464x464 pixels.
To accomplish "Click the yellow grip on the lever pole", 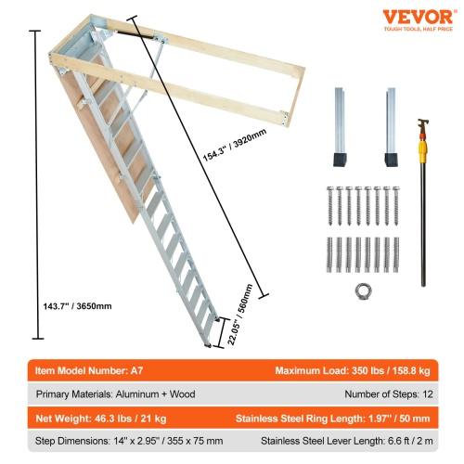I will point(429,147).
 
